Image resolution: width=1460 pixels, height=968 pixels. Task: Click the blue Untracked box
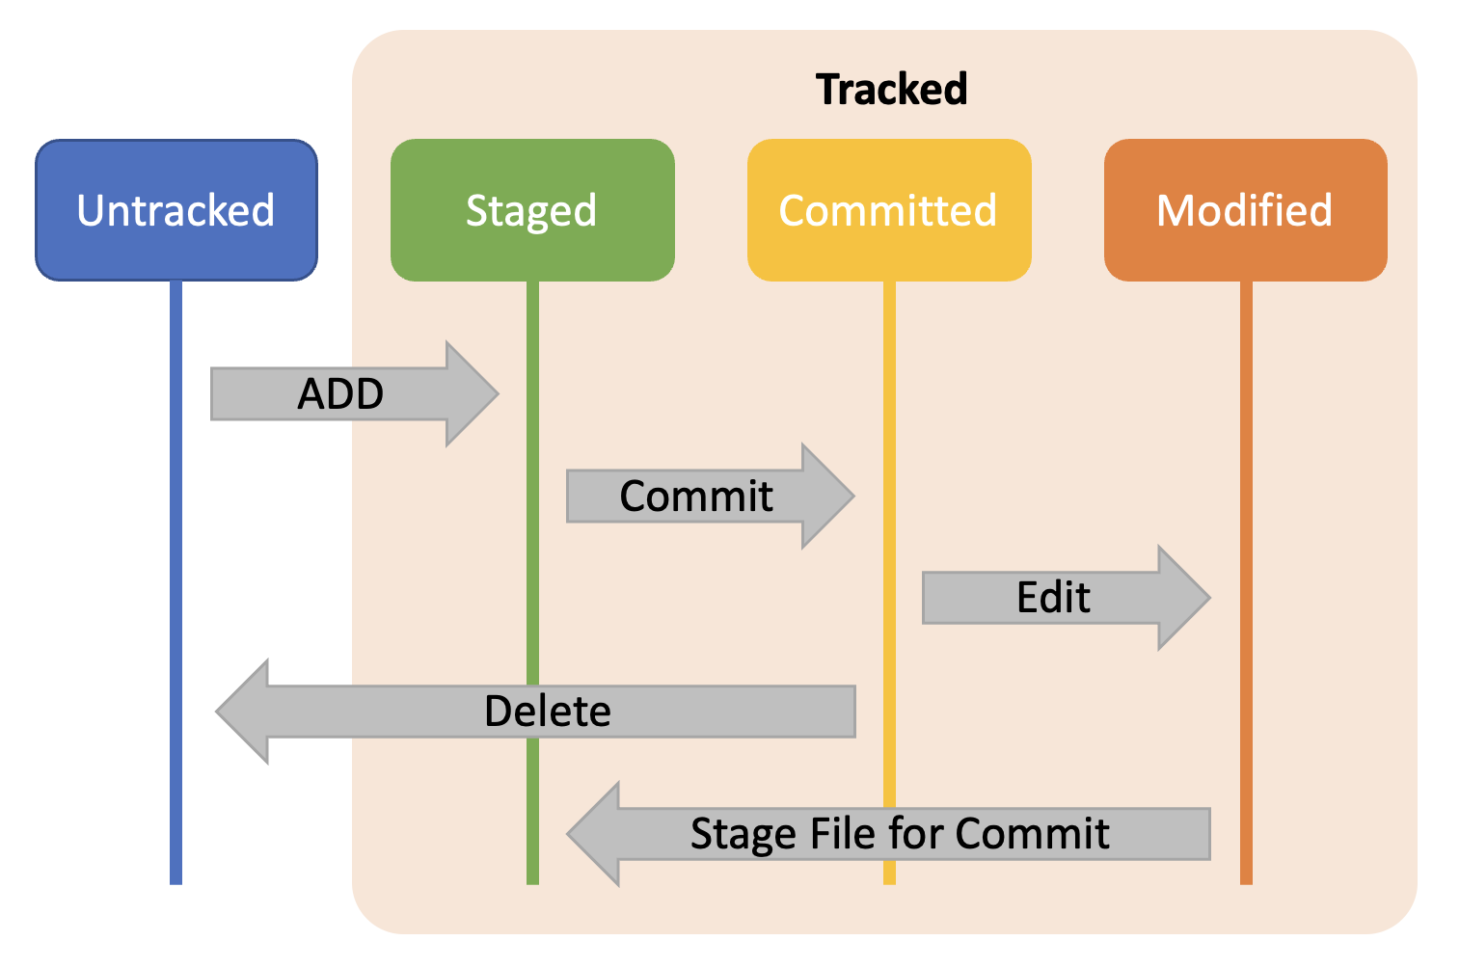(176, 210)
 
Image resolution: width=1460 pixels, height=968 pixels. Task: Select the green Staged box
(532, 210)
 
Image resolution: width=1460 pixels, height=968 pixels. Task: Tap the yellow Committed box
(888, 210)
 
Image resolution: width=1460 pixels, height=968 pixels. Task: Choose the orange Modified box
(1245, 210)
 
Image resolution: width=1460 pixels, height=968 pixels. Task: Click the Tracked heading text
(891, 89)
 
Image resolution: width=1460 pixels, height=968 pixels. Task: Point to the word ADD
(340, 393)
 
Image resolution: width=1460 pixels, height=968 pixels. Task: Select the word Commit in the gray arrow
(695, 497)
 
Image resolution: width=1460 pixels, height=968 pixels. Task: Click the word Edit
(1053, 598)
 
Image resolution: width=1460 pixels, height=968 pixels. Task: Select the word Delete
(547, 712)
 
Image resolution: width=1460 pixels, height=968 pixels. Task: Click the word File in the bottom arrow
(843, 833)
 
